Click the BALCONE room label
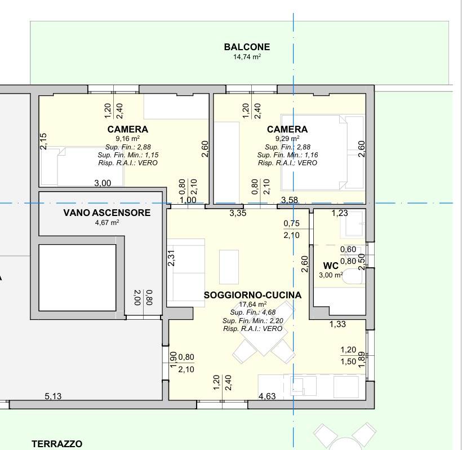[247, 47]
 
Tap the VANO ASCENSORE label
[107, 213]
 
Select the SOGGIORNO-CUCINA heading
[252, 295]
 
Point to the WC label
[331, 266]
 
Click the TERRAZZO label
[57, 444]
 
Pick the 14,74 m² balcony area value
[247, 57]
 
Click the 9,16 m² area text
[128, 139]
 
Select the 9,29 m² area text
[287, 139]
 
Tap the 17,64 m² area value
[252, 304]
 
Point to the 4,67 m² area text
[107, 222]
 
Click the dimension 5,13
[53, 396]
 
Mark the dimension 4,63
[267, 396]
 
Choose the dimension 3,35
[238, 213]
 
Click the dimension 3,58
[290, 200]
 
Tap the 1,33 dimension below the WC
[337, 324]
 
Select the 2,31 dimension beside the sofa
[171, 258]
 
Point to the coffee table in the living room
[229, 267]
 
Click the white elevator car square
[78, 278]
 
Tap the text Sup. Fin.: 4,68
[252, 312]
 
